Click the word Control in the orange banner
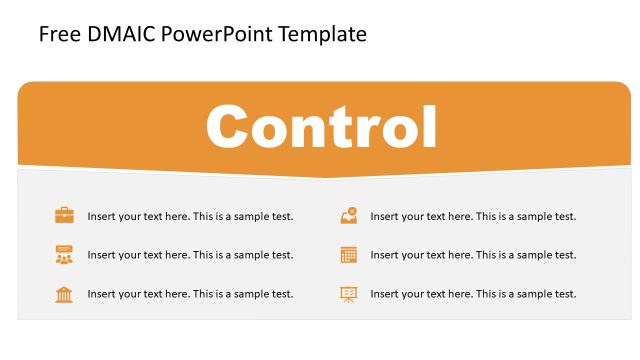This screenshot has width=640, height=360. (322, 127)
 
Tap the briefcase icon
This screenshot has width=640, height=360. (64, 215)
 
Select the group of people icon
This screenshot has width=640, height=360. (64, 255)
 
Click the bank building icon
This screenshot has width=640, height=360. (64, 294)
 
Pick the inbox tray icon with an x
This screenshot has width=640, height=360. (348, 215)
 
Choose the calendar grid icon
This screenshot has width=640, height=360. (348, 255)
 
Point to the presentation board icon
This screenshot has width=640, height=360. (348, 294)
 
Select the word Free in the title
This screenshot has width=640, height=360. (58, 35)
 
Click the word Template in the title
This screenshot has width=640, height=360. (320, 35)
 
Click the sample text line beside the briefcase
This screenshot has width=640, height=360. (190, 216)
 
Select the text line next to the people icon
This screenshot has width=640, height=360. (190, 255)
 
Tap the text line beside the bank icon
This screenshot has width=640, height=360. (190, 294)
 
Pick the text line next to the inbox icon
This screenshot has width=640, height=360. (473, 216)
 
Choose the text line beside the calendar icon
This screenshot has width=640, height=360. (473, 255)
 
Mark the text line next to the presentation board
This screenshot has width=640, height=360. (473, 294)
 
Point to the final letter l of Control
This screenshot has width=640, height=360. (430, 125)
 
